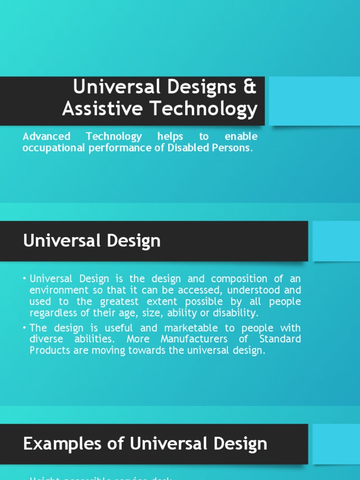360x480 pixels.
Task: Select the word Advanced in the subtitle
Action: click(x=46, y=136)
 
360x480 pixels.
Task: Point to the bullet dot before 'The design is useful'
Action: click(x=25, y=328)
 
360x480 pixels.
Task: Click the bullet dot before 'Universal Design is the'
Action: click(x=25, y=279)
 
